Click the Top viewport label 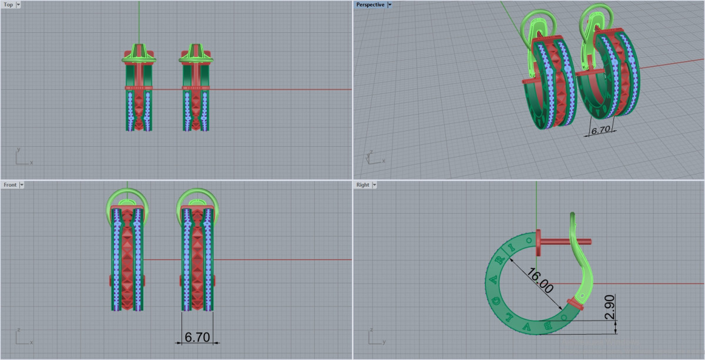(8, 5)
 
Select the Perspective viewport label (370, 5)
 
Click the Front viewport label (10, 185)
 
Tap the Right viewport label (362, 185)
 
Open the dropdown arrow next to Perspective (390, 5)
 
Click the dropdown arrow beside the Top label (18, 5)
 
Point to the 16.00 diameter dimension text (540, 280)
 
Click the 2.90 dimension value (610, 307)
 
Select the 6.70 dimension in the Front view (197, 337)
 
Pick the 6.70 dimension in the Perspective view (600, 130)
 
